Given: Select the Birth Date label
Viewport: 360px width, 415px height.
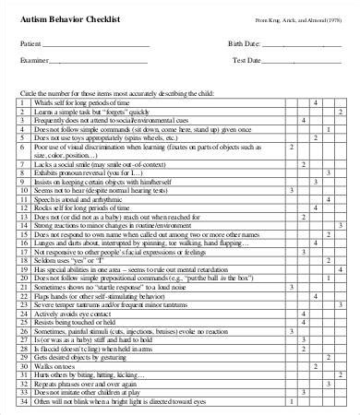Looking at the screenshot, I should pyautogui.click(x=244, y=43).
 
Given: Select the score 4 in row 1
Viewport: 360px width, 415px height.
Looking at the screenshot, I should pyautogui.click(x=317, y=102).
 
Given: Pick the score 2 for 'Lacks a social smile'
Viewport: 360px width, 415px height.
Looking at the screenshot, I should pyautogui.click(x=293, y=162).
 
